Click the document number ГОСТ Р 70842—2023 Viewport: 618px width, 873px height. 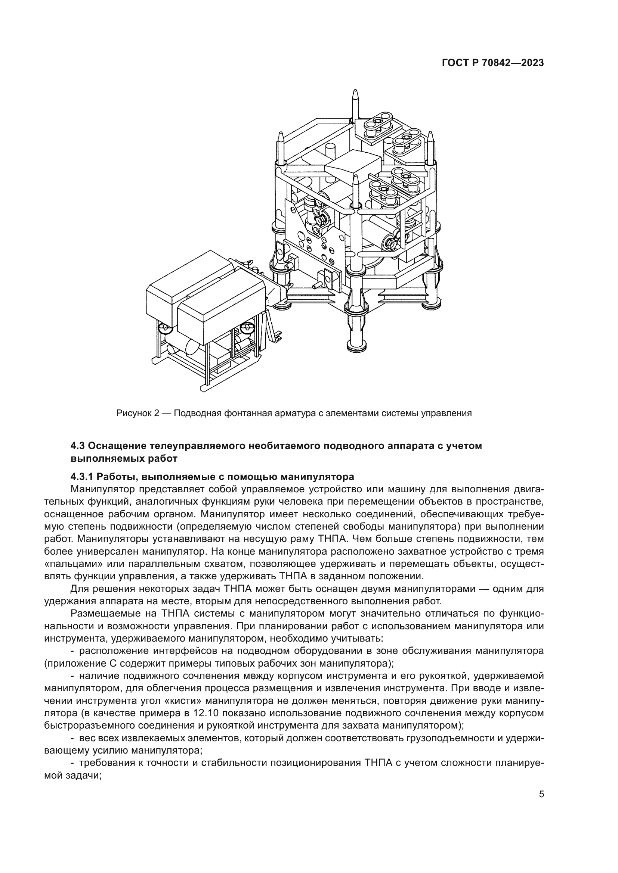[492, 63]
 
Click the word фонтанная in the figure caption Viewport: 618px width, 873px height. [247, 413]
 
